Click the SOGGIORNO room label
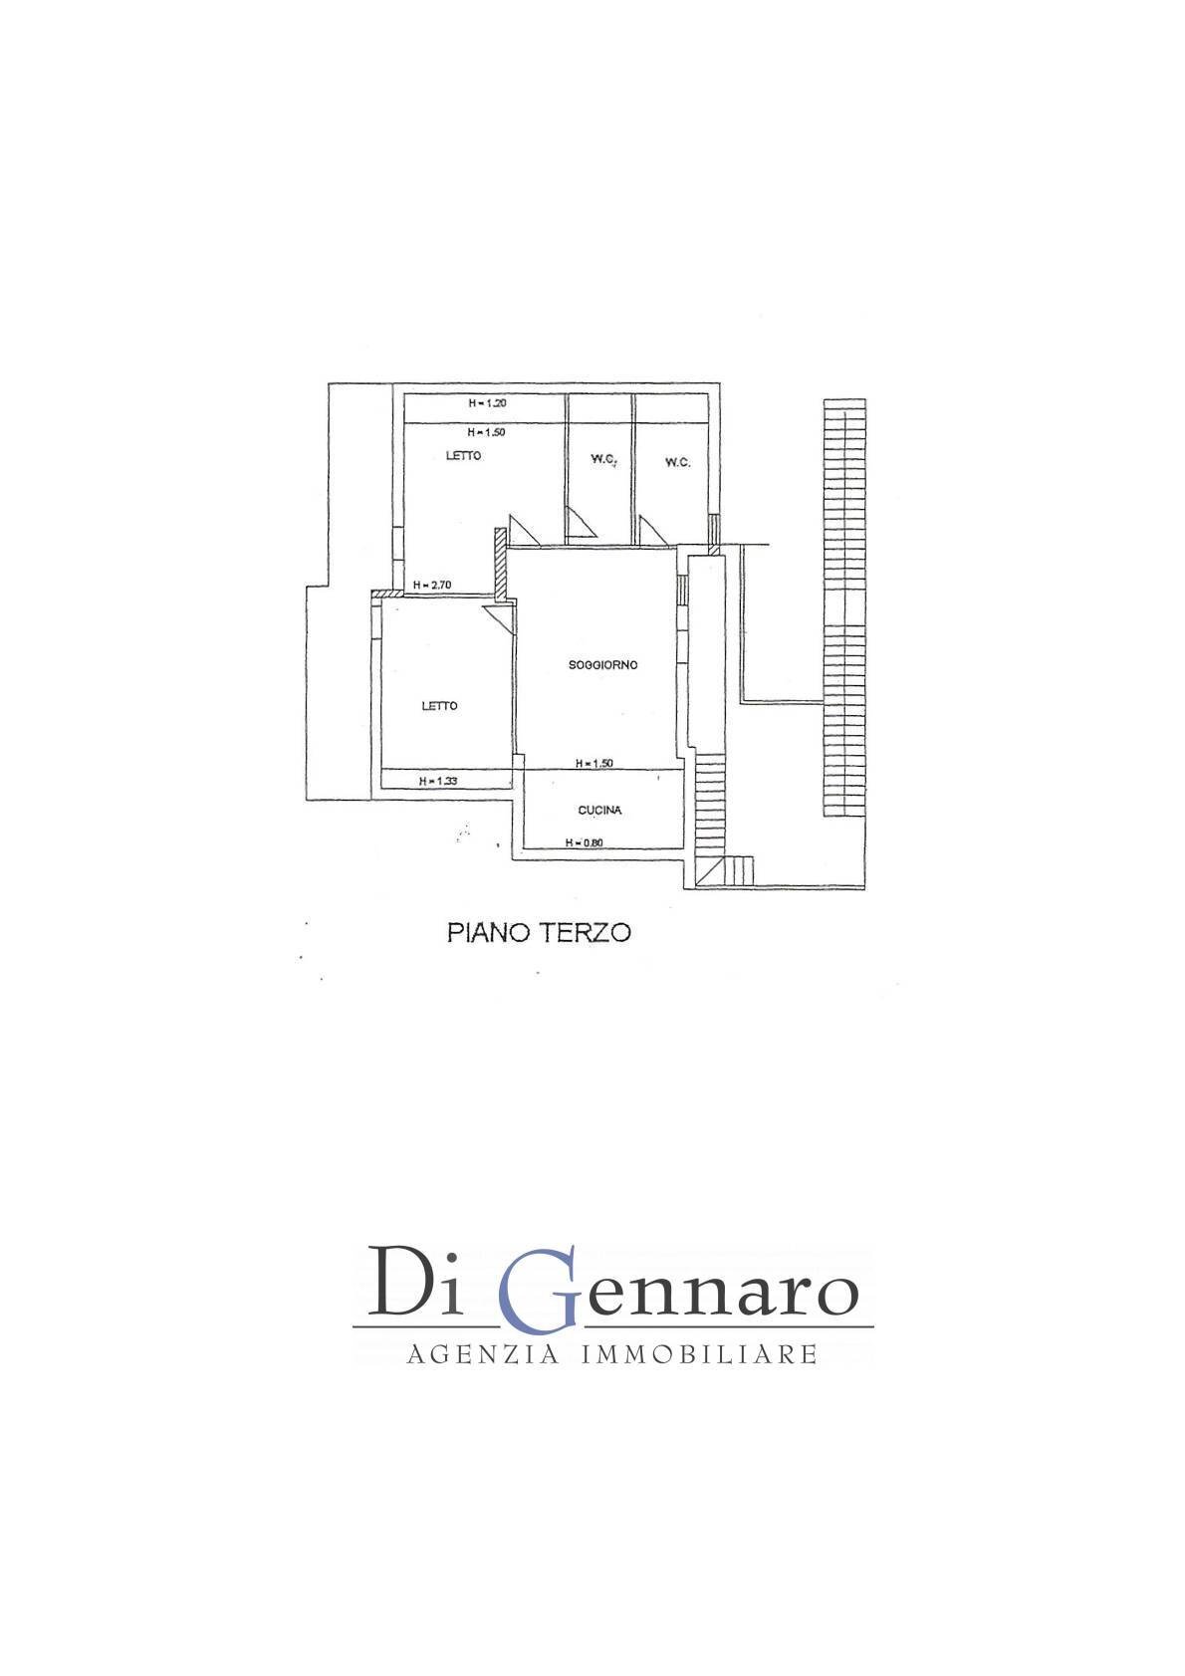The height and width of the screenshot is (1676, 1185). click(603, 664)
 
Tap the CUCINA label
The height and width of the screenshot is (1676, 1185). click(600, 810)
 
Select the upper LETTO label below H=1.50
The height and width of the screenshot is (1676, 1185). click(464, 455)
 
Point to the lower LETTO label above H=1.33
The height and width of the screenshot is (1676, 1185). click(439, 706)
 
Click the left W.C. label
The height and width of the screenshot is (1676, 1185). click(603, 459)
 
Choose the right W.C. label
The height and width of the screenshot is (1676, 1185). click(678, 462)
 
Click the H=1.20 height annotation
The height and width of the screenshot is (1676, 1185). click(488, 402)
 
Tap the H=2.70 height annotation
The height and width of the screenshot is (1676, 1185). click(432, 586)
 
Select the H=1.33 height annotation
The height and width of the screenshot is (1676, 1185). click(438, 781)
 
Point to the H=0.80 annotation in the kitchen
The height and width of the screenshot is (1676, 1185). click(585, 842)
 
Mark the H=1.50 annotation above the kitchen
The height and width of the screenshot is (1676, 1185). click(594, 763)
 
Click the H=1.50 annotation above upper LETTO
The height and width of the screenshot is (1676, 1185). click(487, 432)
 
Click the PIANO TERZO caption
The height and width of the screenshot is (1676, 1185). click(539, 932)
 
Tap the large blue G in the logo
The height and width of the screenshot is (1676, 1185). click(537, 1291)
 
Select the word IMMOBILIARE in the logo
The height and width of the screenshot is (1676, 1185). click(699, 1354)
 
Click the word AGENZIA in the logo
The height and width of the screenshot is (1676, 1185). click(483, 1354)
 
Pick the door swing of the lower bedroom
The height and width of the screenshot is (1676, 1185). click(498, 619)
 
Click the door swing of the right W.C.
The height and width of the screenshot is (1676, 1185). click(652, 530)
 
